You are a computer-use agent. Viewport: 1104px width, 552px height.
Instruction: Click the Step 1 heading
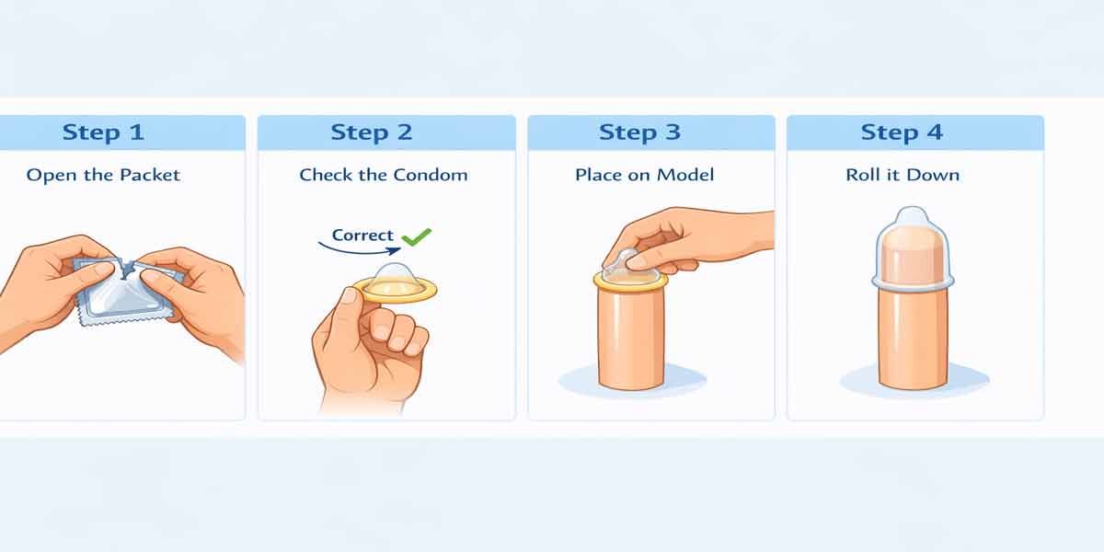[103, 132]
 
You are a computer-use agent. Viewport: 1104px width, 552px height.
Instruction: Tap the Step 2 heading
[371, 132]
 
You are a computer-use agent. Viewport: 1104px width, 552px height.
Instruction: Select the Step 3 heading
[639, 132]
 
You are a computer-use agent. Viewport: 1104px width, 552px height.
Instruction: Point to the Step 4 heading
[902, 132]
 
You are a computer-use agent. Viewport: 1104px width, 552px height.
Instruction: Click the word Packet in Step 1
[150, 175]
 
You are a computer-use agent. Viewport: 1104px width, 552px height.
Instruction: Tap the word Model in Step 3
[685, 175]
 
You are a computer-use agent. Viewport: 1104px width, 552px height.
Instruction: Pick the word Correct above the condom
[362, 236]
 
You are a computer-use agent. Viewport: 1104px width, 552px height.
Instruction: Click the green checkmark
[417, 237]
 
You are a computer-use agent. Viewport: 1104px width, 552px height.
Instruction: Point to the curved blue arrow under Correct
[360, 251]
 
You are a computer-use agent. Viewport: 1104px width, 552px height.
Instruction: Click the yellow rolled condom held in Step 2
[396, 284]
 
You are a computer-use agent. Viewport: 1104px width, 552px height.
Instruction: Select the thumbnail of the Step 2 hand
[351, 297]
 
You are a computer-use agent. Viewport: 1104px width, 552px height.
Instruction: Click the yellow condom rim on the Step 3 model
[630, 282]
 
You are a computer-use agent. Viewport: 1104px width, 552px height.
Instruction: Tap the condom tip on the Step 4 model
[913, 218]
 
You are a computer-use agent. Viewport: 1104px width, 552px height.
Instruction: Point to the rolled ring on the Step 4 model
[913, 283]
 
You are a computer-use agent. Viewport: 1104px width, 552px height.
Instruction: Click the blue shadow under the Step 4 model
[914, 381]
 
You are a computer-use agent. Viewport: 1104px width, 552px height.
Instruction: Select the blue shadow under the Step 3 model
[632, 381]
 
